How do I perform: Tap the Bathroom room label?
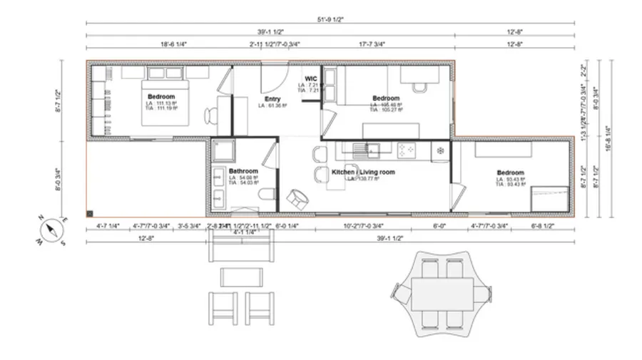tap(243, 172)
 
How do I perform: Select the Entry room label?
tap(272, 99)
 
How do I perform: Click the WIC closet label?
tap(311, 78)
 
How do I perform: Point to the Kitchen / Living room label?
tap(363, 173)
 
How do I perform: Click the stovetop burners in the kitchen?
tap(408, 150)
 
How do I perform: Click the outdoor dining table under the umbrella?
tap(442, 292)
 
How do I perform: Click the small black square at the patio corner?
tap(90, 212)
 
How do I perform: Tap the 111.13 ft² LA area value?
tap(161, 104)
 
